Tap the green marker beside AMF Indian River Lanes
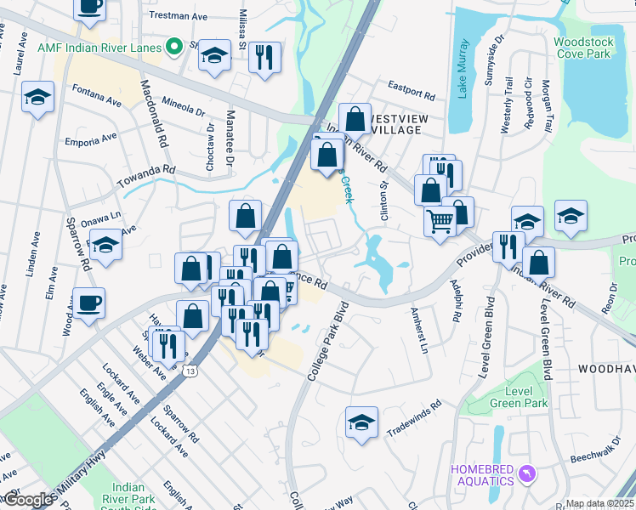coord(175,48)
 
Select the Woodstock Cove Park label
coord(582,47)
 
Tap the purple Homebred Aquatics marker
coord(527,472)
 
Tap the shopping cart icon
coord(440,221)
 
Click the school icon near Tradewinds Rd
coord(361,422)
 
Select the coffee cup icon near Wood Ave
coord(89,303)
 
